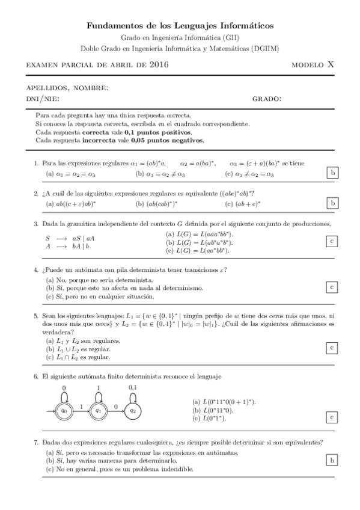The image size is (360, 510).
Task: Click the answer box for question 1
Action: pyautogui.click(x=332, y=173)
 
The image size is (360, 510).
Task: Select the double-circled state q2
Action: pyautogui.click(x=133, y=411)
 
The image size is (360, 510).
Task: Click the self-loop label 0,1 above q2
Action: pyautogui.click(x=133, y=387)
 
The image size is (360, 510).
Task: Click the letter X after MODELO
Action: pyautogui.click(x=331, y=64)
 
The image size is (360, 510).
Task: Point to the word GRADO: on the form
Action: pyautogui.click(x=267, y=99)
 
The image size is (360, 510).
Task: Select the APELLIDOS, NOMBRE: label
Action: pyautogui.click(x=67, y=88)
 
